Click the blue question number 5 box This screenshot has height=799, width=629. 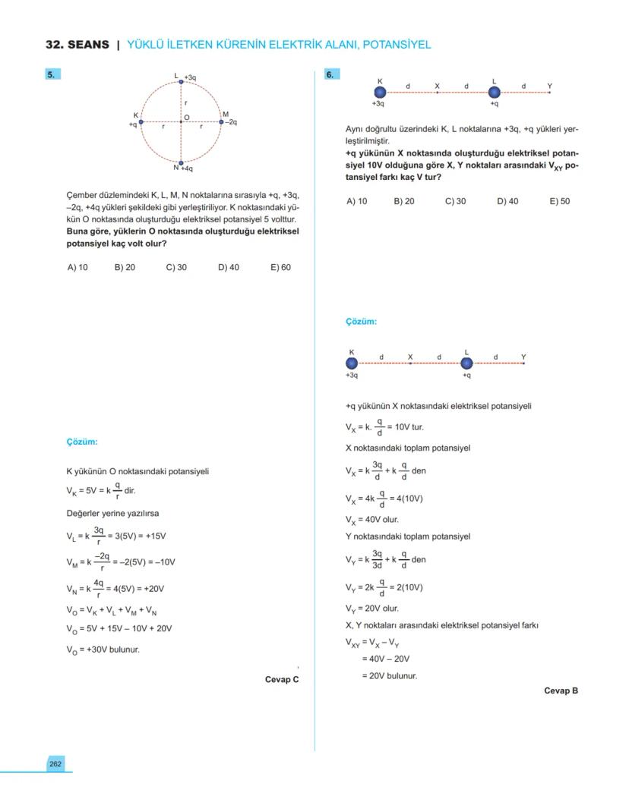point(51,74)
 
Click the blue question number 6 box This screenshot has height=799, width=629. point(332,74)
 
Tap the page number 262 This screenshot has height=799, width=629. point(55,764)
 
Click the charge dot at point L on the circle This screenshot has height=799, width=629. point(181,81)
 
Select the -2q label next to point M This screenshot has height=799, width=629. point(231,121)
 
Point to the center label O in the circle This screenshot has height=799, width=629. point(186,116)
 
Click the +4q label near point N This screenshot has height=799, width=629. point(187,168)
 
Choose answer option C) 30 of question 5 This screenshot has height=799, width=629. point(176,267)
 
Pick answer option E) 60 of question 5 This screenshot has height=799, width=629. point(280,267)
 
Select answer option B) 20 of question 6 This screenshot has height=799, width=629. point(404,201)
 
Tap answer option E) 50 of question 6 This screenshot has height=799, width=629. point(559,201)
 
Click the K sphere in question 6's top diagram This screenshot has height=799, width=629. point(381,92)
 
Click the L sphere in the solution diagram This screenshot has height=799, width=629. point(467,363)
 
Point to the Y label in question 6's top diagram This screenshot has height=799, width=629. point(549,86)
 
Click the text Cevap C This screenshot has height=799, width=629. point(282,679)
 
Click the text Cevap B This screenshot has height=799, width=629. point(561,690)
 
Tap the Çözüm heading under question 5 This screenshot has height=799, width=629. point(82,442)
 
